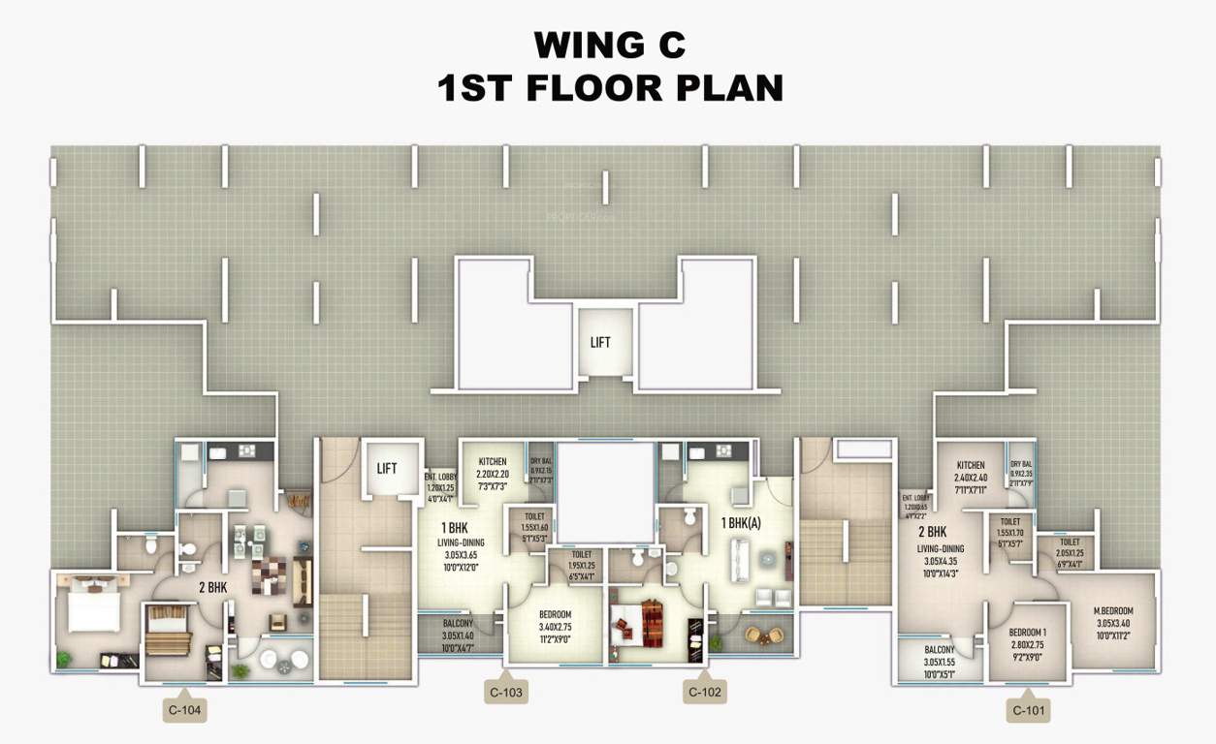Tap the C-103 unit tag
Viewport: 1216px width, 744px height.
click(x=506, y=692)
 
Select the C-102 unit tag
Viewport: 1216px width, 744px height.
click(x=705, y=692)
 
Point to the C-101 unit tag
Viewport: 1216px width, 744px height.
click(x=1030, y=710)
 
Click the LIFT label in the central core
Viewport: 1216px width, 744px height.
click(x=600, y=342)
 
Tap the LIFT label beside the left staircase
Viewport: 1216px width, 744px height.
click(x=387, y=469)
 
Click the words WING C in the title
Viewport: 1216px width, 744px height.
click(x=610, y=45)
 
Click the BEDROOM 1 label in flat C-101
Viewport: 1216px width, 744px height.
click(x=1028, y=610)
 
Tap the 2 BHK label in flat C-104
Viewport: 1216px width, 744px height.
click(x=212, y=587)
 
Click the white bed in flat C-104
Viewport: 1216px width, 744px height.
click(x=93, y=611)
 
